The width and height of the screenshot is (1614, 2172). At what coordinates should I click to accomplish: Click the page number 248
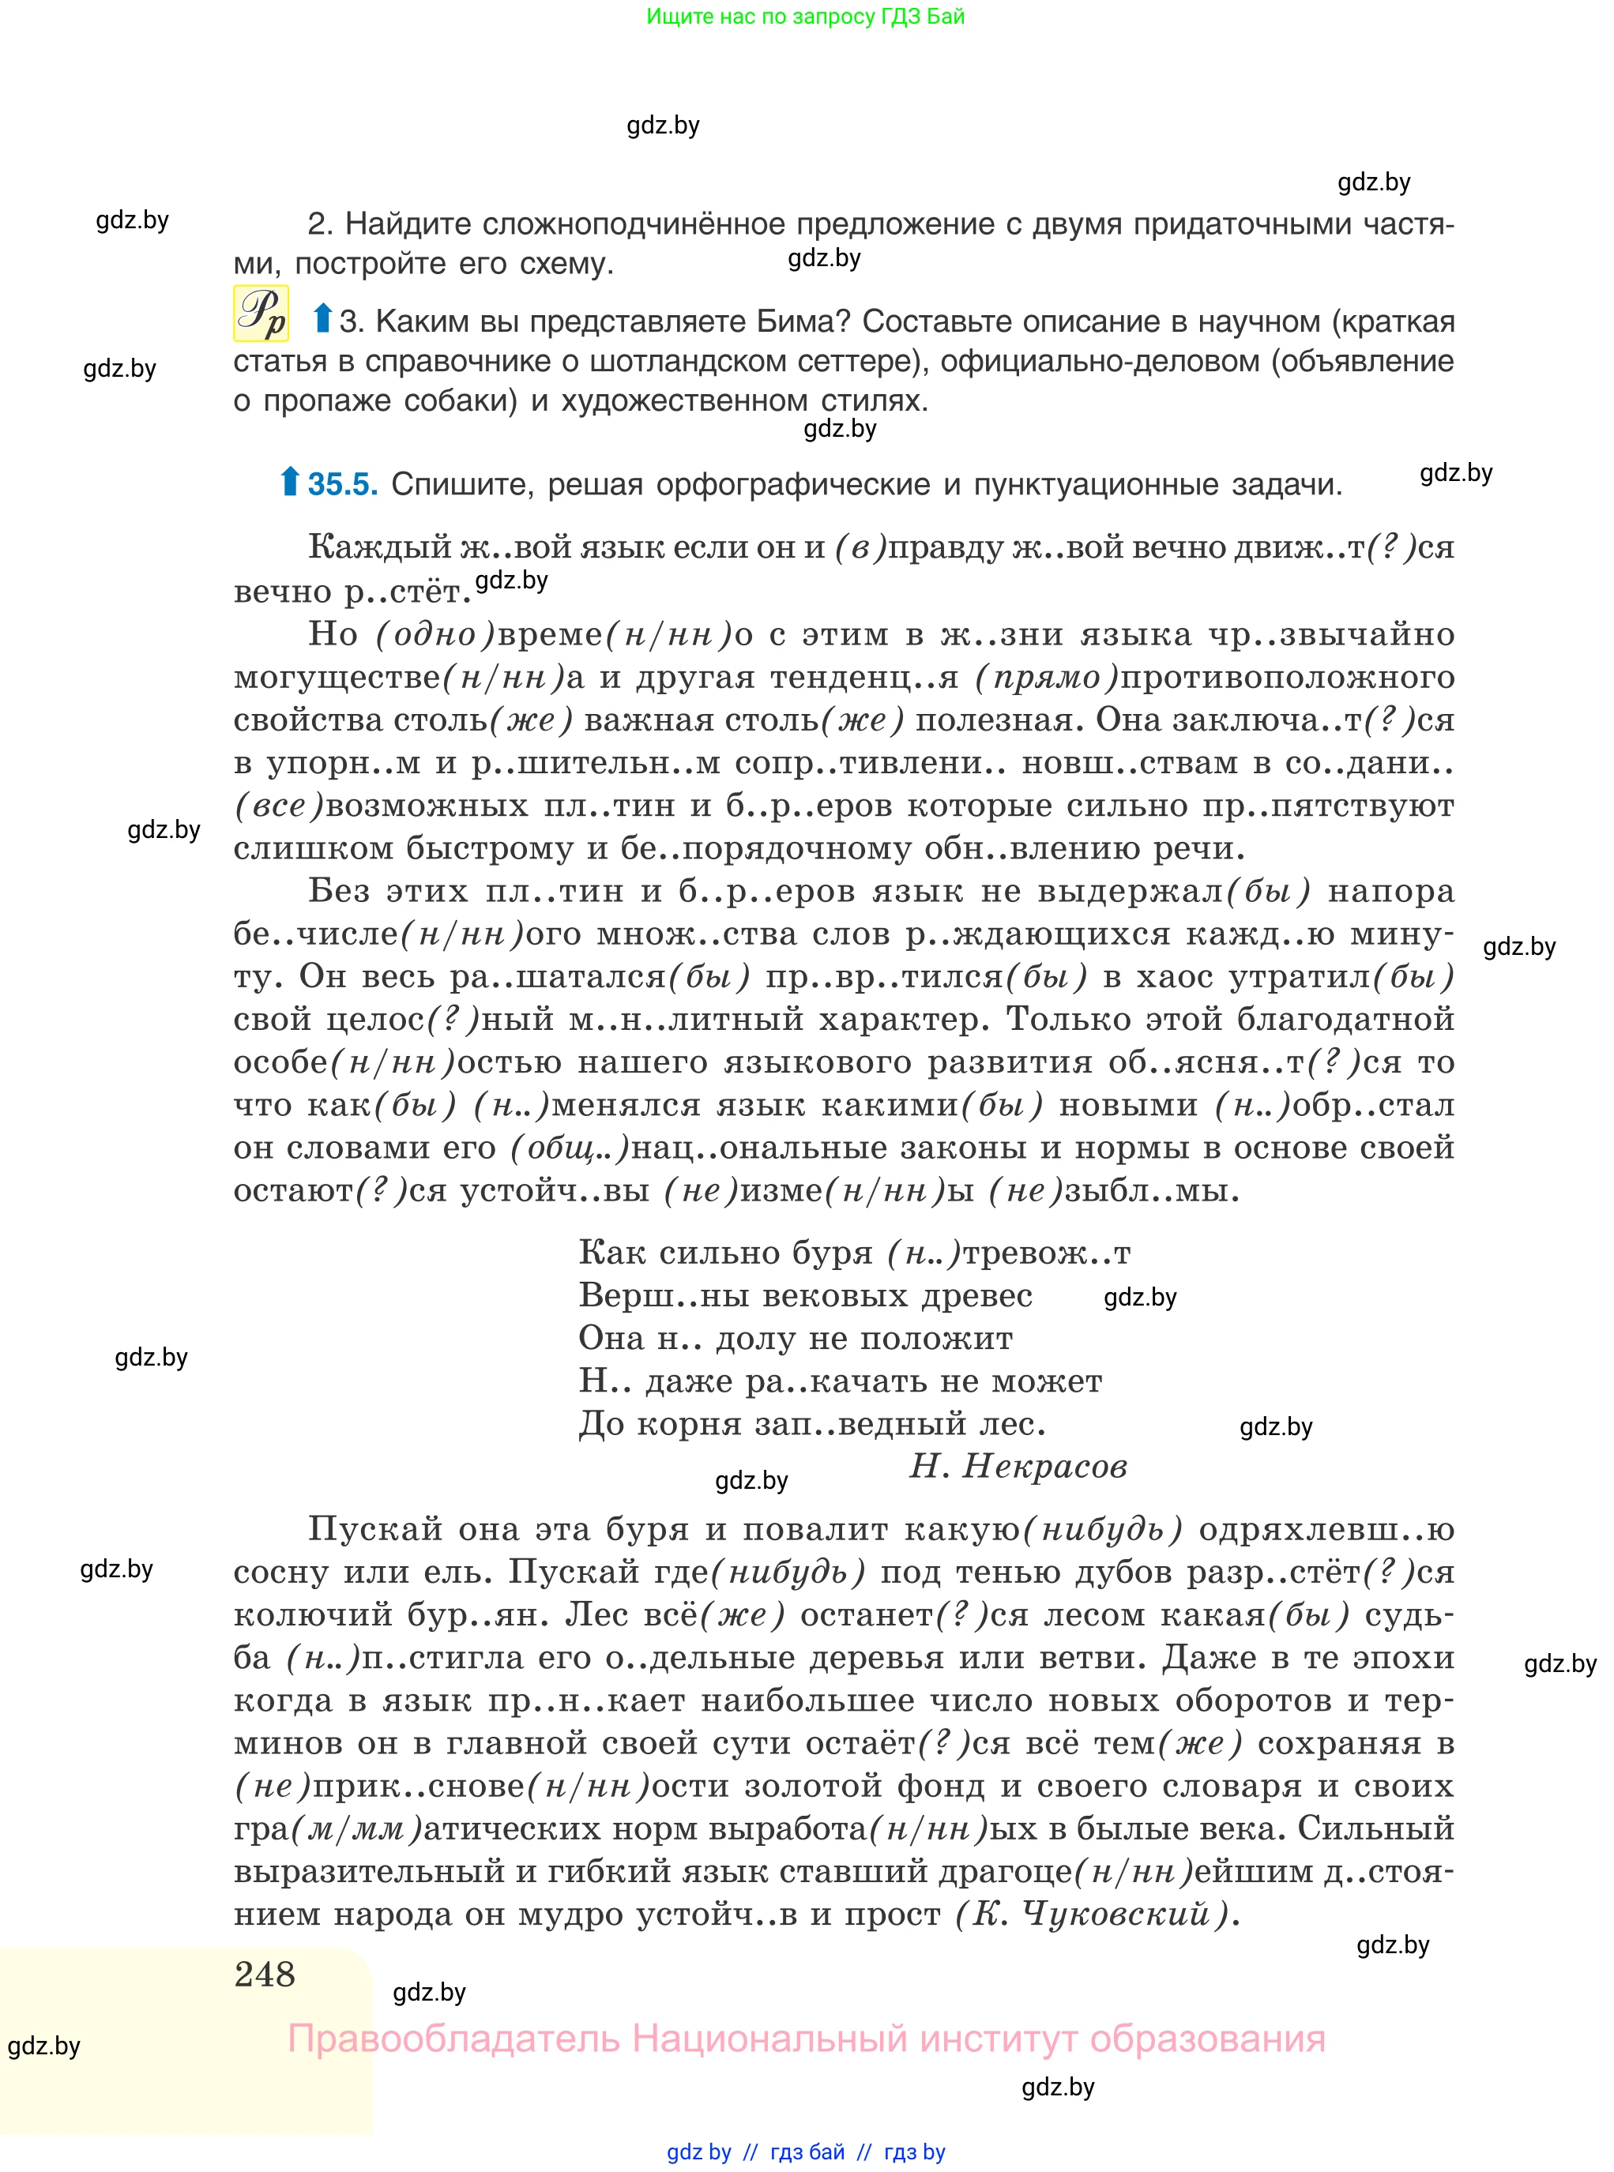pyautogui.click(x=264, y=1974)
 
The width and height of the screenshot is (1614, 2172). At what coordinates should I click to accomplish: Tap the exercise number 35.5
pyautogui.click(x=343, y=484)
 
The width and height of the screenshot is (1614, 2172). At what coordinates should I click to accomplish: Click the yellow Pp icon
pyautogui.click(x=261, y=314)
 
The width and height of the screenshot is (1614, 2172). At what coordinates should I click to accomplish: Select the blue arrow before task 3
pyautogui.click(x=322, y=318)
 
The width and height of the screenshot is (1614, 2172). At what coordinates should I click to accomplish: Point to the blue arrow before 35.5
pyautogui.click(x=289, y=482)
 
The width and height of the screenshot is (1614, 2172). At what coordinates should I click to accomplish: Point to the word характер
pyautogui.click(x=904, y=1020)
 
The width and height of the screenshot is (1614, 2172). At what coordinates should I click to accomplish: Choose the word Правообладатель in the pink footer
pyautogui.click(x=453, y=2039)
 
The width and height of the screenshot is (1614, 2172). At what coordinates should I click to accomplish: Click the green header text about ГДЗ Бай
pyautogui.click(x=805, y=17)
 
